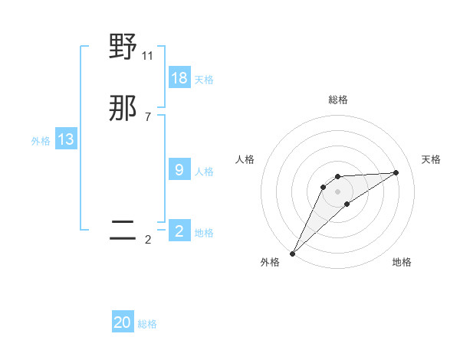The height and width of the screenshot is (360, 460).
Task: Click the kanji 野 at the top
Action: [123, 47]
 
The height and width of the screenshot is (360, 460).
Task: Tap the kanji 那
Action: [123, 109]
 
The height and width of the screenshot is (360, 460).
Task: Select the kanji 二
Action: [123, 231]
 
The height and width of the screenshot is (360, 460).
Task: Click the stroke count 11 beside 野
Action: [148, 55]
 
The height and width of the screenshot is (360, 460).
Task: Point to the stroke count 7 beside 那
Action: [147, 116]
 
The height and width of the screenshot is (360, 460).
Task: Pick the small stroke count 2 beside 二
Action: [147, 240]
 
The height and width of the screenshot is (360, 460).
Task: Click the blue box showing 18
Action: [179, 77]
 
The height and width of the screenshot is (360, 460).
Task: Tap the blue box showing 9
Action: [179, 170]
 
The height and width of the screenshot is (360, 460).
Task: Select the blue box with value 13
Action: [66, 139]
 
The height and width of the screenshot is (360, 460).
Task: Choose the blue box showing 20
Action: [123, 322]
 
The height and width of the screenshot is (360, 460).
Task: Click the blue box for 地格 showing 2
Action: [179, 231]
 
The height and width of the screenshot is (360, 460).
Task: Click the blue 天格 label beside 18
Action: [204, 79]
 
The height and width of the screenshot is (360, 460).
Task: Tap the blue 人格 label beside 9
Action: [204, 172]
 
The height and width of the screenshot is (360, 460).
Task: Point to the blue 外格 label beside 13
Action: [41, 141]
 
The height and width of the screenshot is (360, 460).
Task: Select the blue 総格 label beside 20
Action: [147, 324]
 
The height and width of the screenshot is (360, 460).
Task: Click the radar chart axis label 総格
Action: [338, 100]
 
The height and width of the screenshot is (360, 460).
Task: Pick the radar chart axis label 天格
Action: [432, 159]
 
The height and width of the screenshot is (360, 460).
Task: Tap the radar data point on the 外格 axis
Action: [292, 254]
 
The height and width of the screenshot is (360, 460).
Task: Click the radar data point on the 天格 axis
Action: [396, 172]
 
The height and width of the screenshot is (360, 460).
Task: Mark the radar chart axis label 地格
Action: [402, 262]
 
